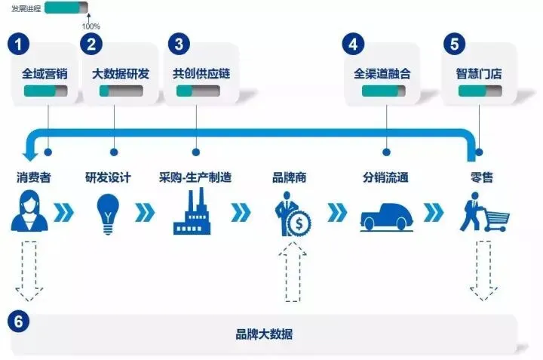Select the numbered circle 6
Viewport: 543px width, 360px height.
(x=19, y=322)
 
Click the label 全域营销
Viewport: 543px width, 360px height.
(x=47, y=74)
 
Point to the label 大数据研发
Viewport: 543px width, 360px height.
(x=121, y=74)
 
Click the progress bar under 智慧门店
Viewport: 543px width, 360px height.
(x=479, y=91)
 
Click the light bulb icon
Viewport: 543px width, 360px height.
(x=108, y=212)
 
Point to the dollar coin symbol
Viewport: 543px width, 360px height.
(x=299, y=223)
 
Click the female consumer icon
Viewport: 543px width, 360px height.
(x=29, y=212)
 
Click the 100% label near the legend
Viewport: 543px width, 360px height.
(x=90, y=26)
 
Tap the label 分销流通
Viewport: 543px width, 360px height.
(x=385, y=178)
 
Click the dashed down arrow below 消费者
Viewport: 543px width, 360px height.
(x=29, y=270)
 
